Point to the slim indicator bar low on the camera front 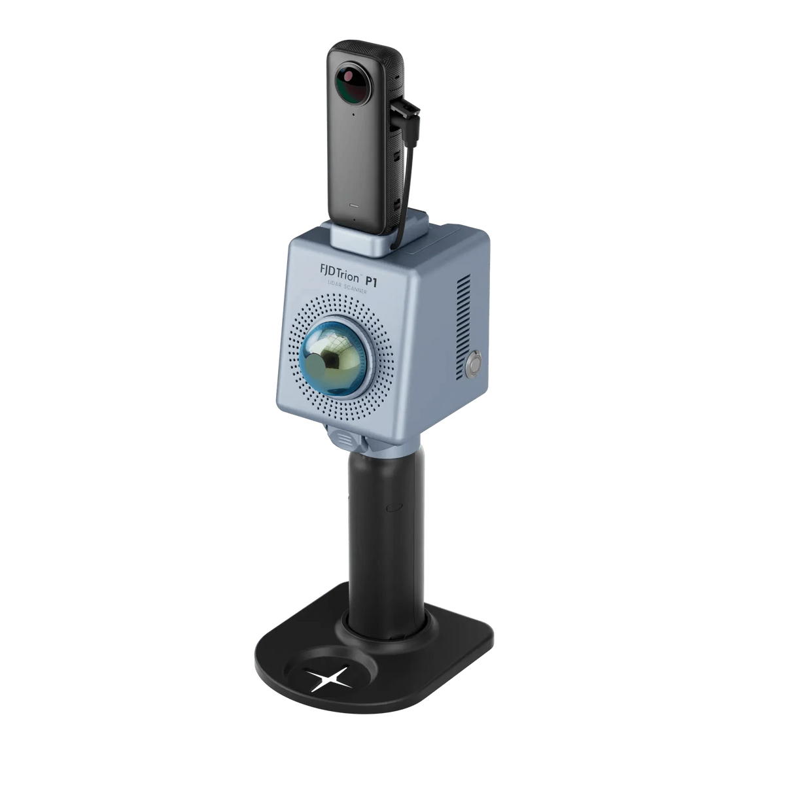coord(355,205)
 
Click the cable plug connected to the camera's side coord(406,107)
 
